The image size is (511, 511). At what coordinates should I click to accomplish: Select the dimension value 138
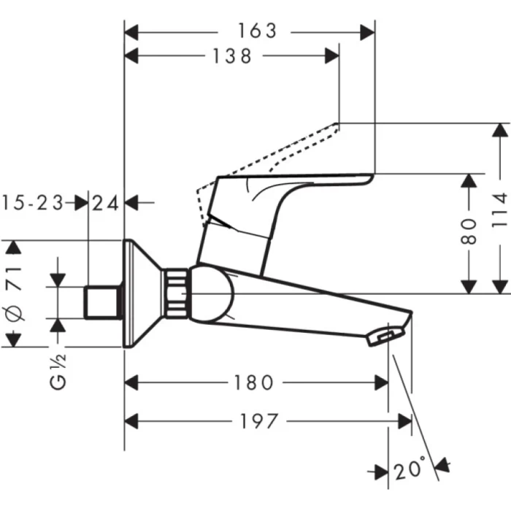point(231,55)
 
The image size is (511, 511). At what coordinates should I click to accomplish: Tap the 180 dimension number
point(254,382)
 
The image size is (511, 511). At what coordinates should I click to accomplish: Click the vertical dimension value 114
point(499,209)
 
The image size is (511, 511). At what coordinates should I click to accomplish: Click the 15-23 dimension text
point(31,202)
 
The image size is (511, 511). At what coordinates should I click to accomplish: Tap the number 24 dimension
point(107,202)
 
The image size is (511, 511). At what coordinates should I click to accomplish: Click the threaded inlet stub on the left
point(103,302)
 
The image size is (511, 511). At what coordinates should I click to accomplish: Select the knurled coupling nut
point(177,293)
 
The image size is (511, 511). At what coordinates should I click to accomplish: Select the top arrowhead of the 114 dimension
point(500,128)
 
